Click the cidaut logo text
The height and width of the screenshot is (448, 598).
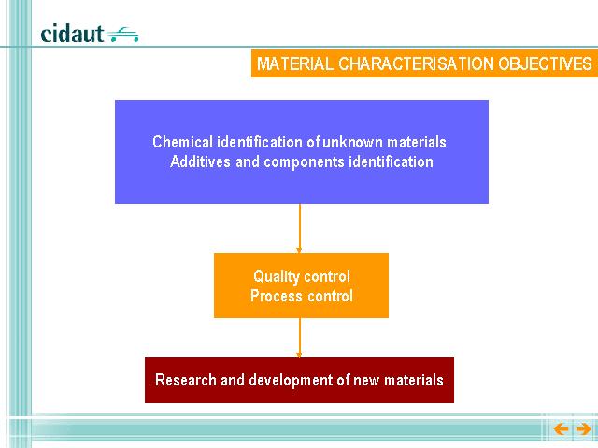click(x=72, y=34)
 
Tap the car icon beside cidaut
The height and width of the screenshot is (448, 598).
click(x=122, y=35)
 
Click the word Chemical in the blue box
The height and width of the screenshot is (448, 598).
click(x=183, y=142)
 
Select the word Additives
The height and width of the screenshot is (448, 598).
click(x=200, y=161)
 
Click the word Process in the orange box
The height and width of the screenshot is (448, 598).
click(x=275, y=296)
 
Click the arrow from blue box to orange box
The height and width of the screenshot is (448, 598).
click(x=299, y=229)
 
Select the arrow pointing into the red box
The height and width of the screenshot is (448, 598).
click(x=299, y=338)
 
